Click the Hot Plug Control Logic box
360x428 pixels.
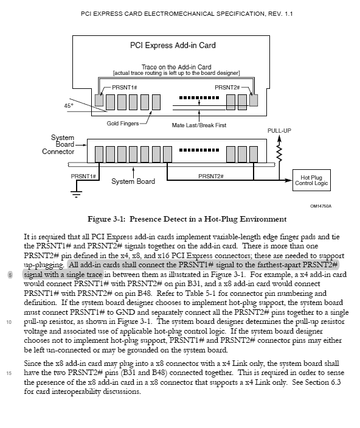311,179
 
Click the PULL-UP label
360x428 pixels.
279,131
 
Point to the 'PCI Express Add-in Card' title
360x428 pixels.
173,45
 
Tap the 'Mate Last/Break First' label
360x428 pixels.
200,125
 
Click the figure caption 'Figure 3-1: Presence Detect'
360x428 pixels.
179,219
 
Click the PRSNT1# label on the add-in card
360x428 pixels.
126,88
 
